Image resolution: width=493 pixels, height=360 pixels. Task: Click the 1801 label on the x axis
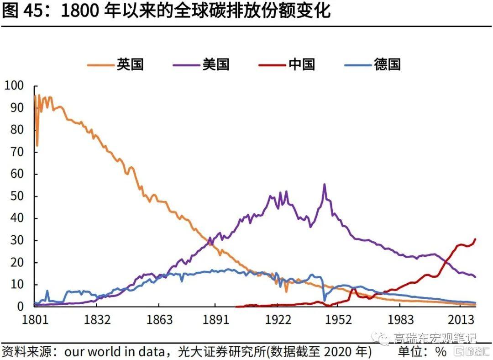click(36, 319)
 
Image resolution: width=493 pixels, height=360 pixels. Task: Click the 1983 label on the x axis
click(401, 319)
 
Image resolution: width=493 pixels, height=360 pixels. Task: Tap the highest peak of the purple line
click(324, 184)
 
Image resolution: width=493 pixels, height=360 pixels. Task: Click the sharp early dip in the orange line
click(37, 145)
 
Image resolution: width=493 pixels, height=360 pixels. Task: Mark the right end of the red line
click(475, 239)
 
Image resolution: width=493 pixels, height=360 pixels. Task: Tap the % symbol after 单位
click(441, 352)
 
